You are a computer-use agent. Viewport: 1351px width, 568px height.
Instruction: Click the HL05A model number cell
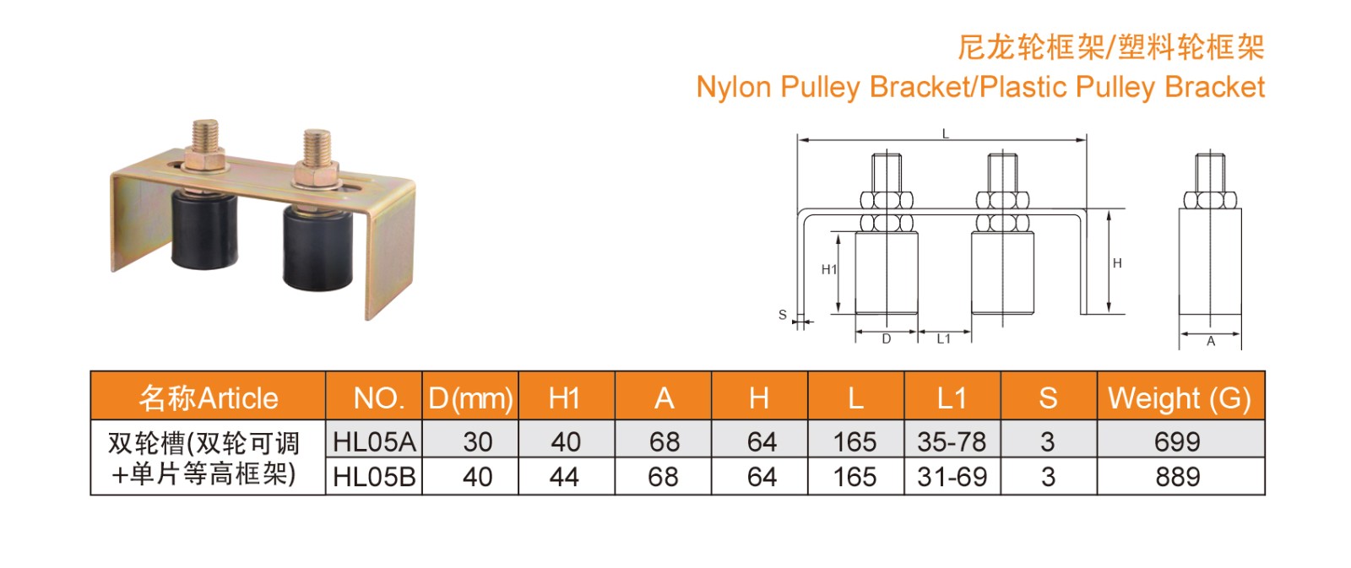(374, 441)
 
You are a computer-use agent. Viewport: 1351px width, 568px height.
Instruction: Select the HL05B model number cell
(374, 477)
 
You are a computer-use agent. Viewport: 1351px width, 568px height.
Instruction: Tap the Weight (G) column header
(1180, 398)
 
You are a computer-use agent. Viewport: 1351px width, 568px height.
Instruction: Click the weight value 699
(1177, 441)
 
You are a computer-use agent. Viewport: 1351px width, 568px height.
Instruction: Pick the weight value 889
(1177, 477)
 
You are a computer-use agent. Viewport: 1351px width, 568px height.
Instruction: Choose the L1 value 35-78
(952, 441)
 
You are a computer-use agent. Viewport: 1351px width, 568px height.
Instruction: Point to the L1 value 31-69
(952, 477)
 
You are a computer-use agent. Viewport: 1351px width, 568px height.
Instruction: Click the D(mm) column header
(470, 398)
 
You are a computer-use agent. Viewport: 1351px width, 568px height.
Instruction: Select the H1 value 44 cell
(564, 477)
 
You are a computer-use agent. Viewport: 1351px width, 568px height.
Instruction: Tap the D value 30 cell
(477, 441)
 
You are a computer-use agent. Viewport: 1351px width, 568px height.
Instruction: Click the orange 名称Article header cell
(209, 398)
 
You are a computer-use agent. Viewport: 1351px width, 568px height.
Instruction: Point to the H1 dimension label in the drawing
(829, 269)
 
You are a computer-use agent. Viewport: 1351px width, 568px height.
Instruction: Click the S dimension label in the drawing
(783, 315)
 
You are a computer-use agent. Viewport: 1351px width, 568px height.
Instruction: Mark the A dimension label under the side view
(1211, 342)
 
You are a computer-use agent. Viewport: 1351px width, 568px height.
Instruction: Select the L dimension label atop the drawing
(946, 133)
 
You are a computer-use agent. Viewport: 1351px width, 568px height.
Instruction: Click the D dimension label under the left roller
(887, 339)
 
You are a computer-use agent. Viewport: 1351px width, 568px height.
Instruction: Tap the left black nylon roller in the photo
(203, 230)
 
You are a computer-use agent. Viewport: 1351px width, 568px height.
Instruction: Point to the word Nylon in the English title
(734, 87)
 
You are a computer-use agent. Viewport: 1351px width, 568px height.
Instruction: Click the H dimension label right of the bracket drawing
(1117, 263)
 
